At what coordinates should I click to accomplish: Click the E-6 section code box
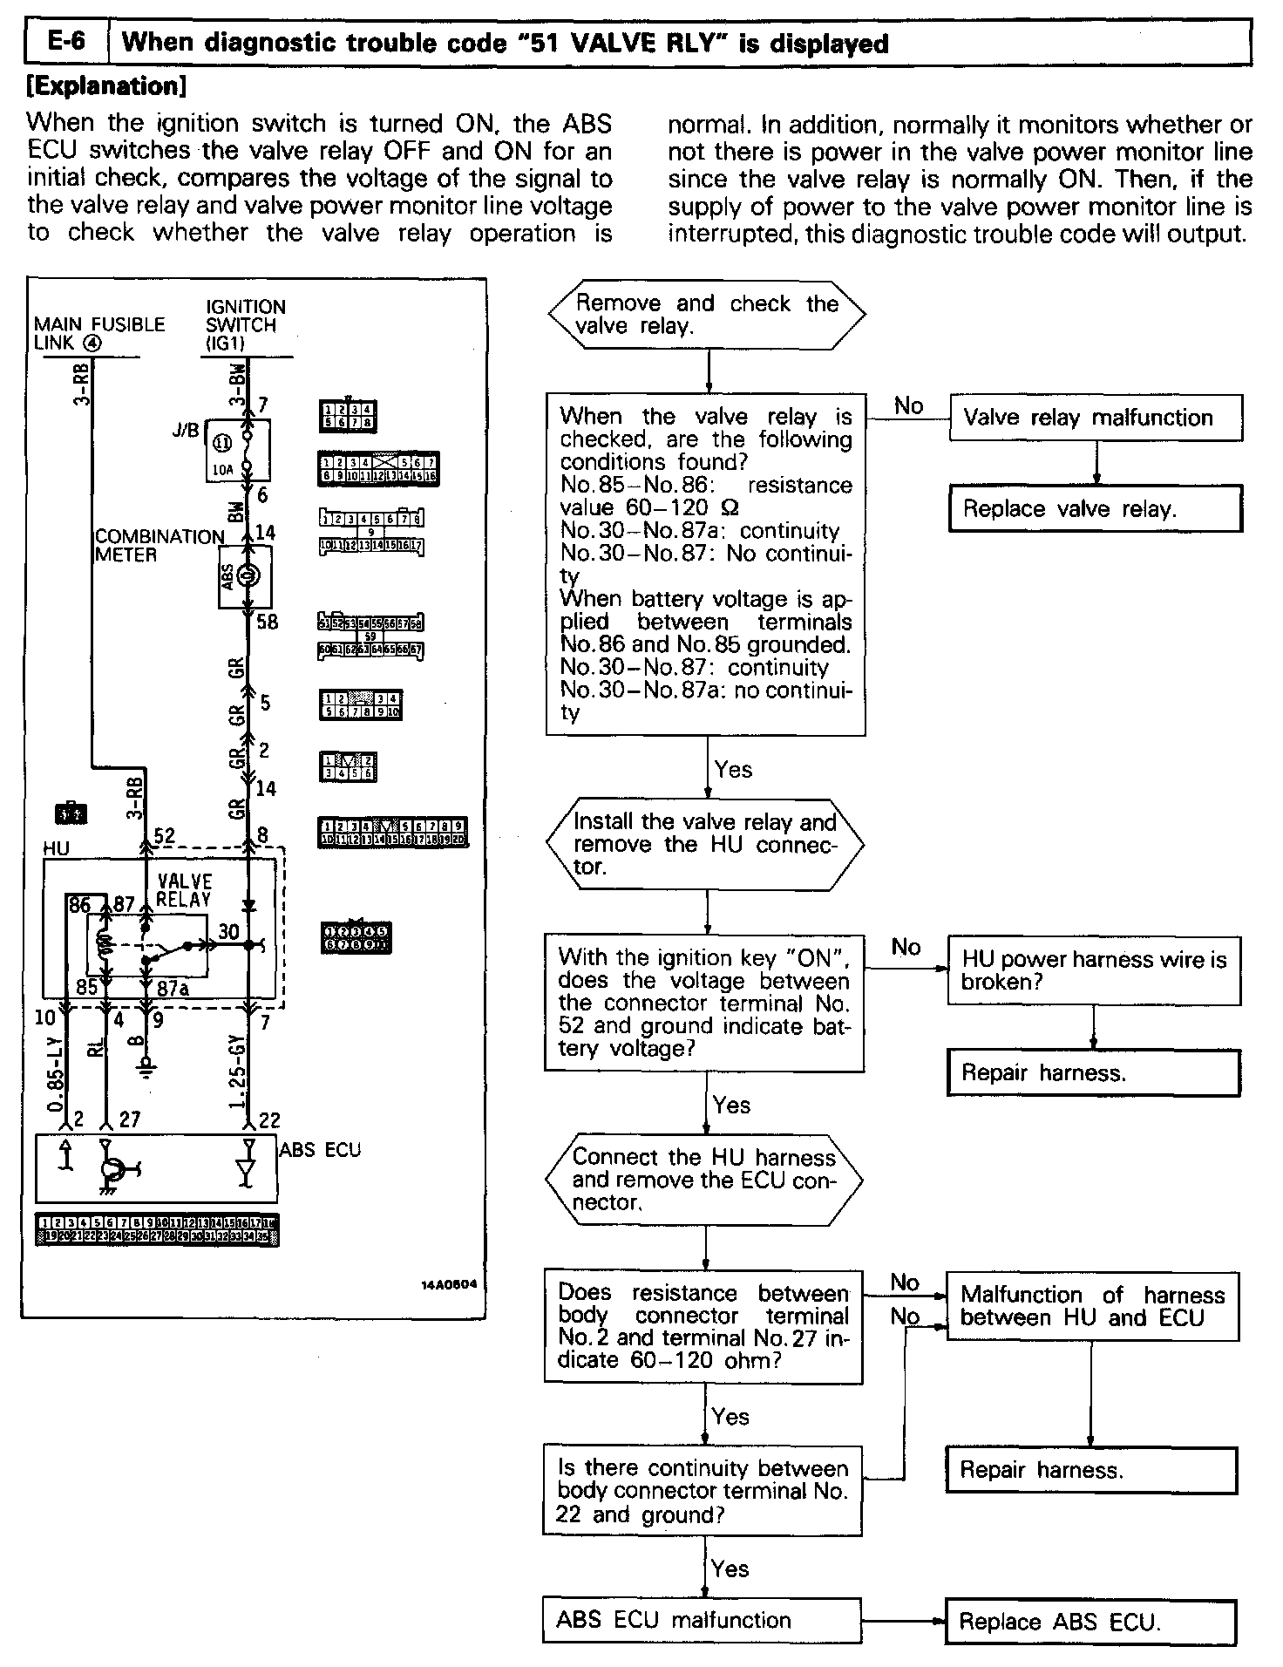pyautogui.click(x=66, y=42)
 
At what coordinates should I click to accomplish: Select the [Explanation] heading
pyautogui.click(x=107, y=86)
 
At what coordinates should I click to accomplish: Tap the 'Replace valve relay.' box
pyautogui.click(x=1095, y=509)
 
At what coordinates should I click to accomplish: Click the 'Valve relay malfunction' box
pyautogui.click(x=1095, y=418)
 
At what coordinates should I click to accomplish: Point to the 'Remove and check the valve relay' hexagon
pyautogui.click(x=707, y=315)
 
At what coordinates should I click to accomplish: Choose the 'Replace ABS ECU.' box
pyautogui.click(x=1090, y=1622)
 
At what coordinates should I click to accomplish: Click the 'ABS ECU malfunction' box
pyautogui.click(x=702, y=1620)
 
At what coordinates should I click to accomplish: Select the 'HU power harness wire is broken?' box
pyautogui.click(x=1093, y=970)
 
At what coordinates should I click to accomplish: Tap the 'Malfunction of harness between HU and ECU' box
pyautogui.click(x=1092, y=1305)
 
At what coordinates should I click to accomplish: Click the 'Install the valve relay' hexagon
pyautogui.click(x=705, y=844)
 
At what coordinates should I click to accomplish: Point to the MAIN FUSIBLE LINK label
pyautogui.click(x=98, y=333)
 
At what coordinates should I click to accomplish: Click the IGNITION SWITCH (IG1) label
pyautogui.click(x=245, y=324)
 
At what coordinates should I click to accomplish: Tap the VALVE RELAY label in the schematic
pyautogui.click(x=184, y=890)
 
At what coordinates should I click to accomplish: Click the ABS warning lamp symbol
pyautogui.click(x=247, y=576)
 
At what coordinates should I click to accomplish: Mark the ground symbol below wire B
pyautogui.click(x=149, y=1065)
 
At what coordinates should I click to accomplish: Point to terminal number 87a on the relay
pyautogui.click(x=173, y=989)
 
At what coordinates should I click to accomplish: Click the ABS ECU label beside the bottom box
pyautogui.click(x=320, y=1149)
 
